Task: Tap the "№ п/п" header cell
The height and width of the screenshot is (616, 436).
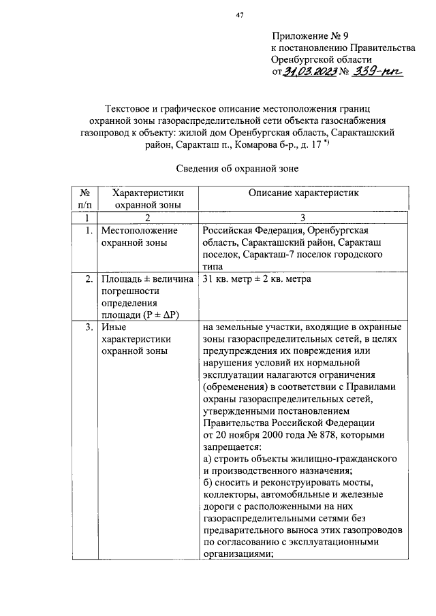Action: pos(86,199)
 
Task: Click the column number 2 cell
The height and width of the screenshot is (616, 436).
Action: pos(148,218)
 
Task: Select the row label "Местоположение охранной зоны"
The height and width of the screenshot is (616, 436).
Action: pos(134,237)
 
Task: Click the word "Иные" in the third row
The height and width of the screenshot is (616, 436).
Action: pos(112,327)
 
